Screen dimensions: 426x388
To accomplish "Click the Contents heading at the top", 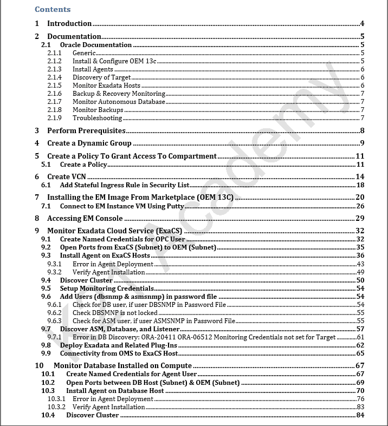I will click(53, 9).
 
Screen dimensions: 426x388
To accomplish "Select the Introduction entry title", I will click(69, 23).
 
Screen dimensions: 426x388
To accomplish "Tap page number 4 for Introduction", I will click(361, 23).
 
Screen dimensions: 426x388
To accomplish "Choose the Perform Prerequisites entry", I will click(86, 130).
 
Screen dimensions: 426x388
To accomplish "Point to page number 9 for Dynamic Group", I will click(361, 143).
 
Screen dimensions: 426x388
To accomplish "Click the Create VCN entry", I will click(66, 176).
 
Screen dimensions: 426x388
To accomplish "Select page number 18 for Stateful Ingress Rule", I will click(360, 185).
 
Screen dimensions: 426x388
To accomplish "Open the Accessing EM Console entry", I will click(85, 218).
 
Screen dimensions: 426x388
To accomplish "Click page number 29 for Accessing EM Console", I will click(360, 218).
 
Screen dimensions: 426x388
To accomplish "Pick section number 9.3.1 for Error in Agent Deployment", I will click(54, 264).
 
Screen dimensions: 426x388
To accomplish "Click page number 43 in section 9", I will click(360, 264).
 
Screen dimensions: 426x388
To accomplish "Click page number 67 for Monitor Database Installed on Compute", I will click(360, 366).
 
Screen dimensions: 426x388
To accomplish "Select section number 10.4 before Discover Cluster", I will click(48, 415).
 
